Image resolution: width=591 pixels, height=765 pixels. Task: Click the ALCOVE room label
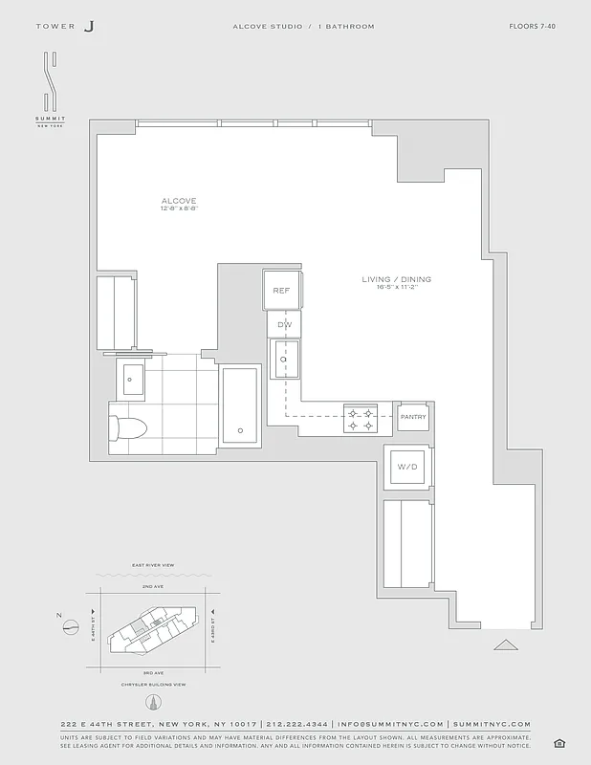pos(179,201)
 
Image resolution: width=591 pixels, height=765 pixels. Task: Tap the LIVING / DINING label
pos(396,279)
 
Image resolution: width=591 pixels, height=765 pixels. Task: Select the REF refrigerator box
pos(282,290)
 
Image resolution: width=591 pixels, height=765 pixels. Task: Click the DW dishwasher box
pos(284,325)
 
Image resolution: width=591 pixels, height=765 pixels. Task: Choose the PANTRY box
pos(413,417)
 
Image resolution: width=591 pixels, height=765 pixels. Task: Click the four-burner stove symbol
pos(361,414)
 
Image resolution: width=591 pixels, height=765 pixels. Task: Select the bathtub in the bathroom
pos(240,405)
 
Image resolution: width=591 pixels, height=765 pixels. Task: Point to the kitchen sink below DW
pos(284,361)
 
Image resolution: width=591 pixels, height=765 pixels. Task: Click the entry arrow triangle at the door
pos(505,645)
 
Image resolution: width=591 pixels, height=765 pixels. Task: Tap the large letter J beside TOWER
pos(89,27)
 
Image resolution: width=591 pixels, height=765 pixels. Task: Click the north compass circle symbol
pos(70,627)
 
